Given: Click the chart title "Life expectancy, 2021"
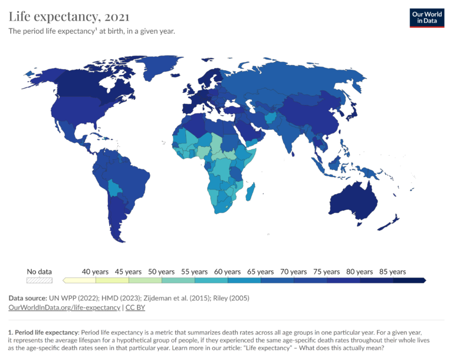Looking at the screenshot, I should click(69, 16).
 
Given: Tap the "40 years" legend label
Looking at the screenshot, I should click(94, 271).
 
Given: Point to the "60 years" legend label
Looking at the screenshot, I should click(226, 271).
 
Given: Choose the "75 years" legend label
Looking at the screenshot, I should click(326, 271).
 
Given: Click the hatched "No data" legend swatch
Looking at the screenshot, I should click(40, 280).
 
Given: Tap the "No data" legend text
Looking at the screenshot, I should click(40, 271).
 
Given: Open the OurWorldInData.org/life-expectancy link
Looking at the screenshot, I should click(64, 307).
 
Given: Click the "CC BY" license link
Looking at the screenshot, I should click(135, 307).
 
